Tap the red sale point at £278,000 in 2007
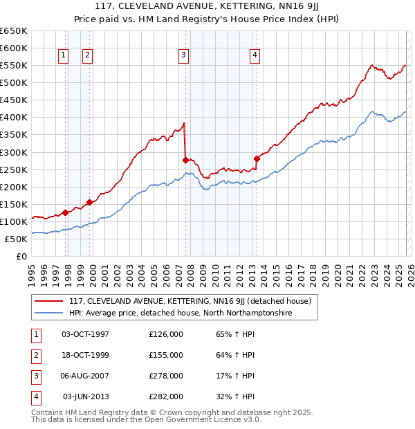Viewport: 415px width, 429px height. (185, 160)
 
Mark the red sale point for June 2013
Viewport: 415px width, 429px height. (257, 158)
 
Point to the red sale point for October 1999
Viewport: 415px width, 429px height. (89, 202)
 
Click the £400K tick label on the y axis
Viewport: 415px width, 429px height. (14, 117)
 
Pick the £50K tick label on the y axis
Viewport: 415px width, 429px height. (17, 239)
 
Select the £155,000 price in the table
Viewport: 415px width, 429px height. (166, 355)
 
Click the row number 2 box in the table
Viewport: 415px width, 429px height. (35, 355)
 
